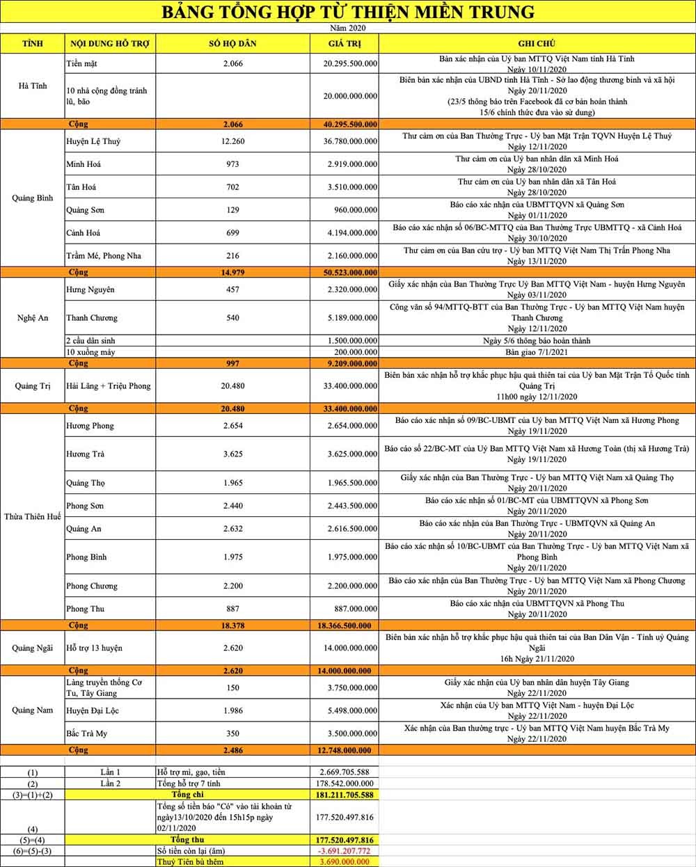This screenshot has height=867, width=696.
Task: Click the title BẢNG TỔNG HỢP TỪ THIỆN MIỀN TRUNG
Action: (348, 12)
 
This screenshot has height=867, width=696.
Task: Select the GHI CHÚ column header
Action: (537, 43)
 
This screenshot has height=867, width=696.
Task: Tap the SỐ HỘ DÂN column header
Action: (232, 43)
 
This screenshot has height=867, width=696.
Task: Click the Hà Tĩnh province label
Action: (33, 86)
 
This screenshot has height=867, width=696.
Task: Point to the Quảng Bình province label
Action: (33, 198)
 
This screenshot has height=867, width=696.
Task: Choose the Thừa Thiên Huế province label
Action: (33, 517)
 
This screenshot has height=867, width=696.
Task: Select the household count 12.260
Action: (232, 142)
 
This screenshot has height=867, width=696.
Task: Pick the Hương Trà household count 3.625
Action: (232, 454)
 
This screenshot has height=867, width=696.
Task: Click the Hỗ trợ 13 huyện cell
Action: (94, 649)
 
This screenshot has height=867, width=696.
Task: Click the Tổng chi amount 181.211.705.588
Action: (346, 795)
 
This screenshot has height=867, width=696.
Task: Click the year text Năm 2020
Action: (348, 29)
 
